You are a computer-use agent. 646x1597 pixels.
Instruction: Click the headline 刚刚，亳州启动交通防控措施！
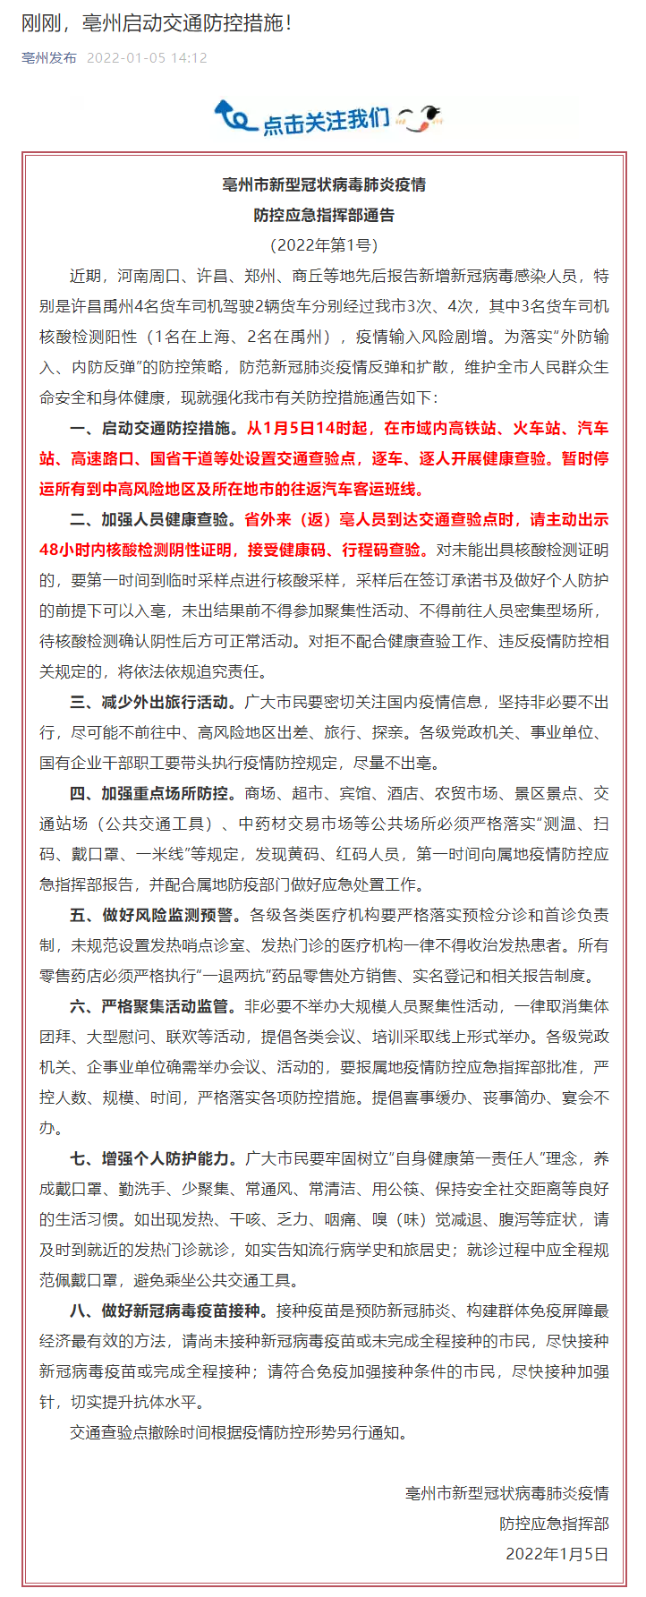[x=157, y=23]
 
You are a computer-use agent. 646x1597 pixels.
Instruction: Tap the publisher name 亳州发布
[x=49, y=58]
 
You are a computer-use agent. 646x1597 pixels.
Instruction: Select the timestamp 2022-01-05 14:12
[x=147, y=58]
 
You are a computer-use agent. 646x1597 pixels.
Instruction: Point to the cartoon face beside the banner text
[x=421, y=117]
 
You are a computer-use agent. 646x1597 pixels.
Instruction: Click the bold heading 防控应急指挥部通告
[x=324, y=215]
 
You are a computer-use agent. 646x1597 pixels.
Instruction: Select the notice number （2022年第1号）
[x=324, y=244]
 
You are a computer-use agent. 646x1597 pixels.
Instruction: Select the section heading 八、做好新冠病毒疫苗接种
[x=169, y=1311]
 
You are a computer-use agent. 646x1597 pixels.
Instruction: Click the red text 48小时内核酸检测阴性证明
[x=135, y=550]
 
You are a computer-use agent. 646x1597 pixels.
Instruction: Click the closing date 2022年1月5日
[x=557, y=1553]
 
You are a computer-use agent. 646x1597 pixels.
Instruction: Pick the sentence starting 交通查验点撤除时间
[x=239, y=1432]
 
